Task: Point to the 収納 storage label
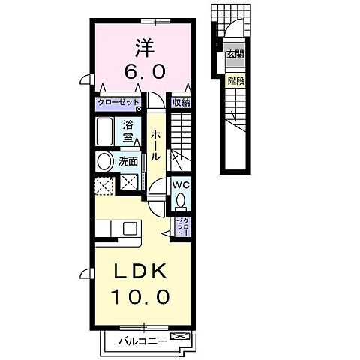click(x=179, y=103)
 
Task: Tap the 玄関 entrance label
click(x=235, y=54)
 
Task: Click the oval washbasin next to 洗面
click(x=103, y=160)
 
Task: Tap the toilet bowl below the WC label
click(x=181, y=199)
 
